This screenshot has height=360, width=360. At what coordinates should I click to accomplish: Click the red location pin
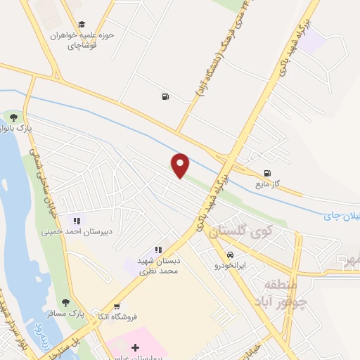pyautogui.click(x=181, y=165)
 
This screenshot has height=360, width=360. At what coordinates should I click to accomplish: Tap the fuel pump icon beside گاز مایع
pyautogui.click(x=266, y=173)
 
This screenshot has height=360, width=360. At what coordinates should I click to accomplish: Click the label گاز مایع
pyautogui.click(x=268, y=184)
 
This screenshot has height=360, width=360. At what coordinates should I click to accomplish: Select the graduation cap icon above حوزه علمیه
pyautogui.click(x=82, y=24)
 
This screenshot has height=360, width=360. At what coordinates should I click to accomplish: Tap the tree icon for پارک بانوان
pyautogui.click(x=13, y=116)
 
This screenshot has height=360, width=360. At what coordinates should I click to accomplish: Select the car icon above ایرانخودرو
pyautogui.click(x=231, y=254)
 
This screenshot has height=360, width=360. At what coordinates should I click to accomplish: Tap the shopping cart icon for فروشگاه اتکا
pyautogui.click(x=117, y=306)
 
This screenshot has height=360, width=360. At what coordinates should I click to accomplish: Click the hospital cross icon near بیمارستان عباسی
pyautogui.click(x=136, y=347)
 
